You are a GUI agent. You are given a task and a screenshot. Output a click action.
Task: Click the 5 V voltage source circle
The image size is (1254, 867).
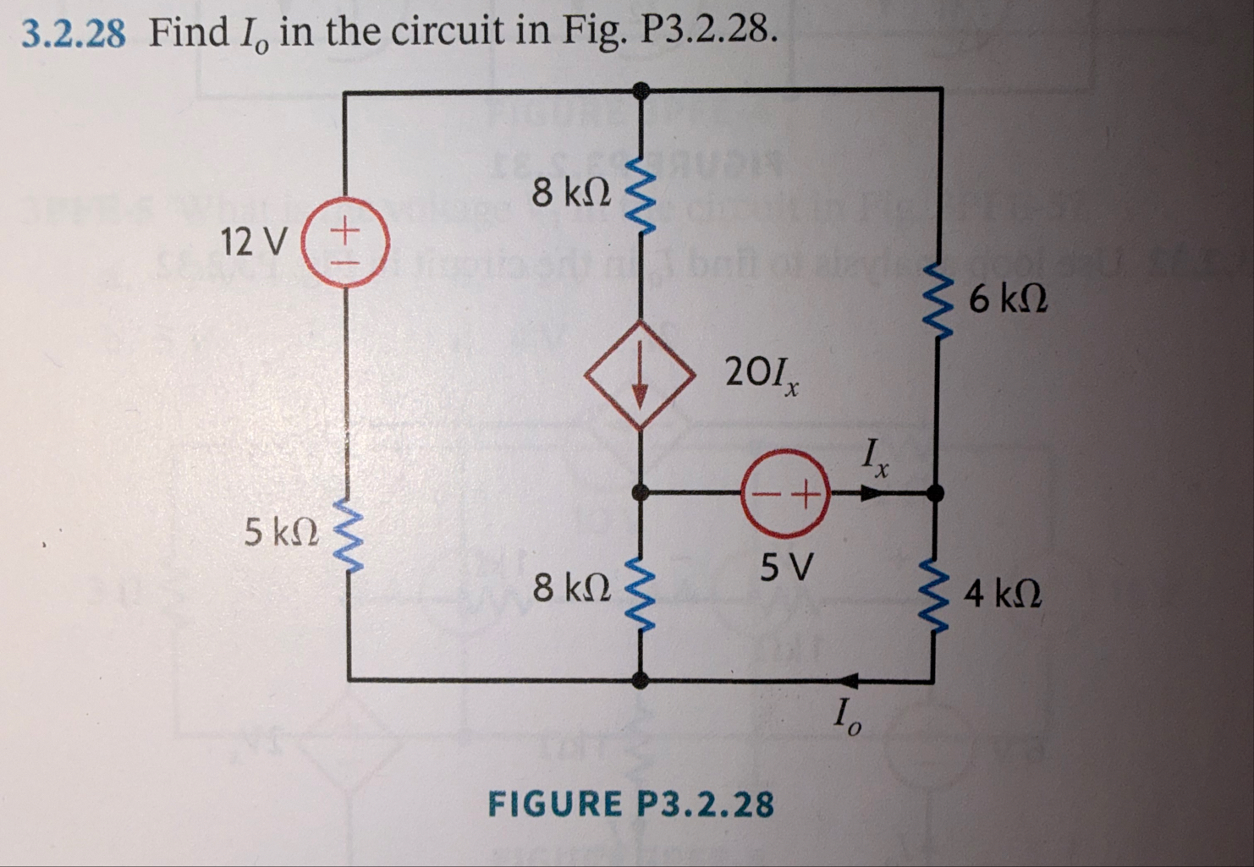(784, 491)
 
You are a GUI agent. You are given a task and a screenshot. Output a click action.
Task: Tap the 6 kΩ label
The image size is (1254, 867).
(1008, 298)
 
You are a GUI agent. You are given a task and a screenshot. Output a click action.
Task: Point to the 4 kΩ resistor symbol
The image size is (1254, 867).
(935, 590)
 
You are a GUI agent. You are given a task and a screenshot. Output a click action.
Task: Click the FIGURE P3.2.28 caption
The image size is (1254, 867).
(630, 804)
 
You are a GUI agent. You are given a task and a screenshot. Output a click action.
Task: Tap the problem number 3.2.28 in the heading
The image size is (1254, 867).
(74, 33)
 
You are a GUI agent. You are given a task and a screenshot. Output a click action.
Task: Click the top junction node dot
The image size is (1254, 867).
(642, 88)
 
